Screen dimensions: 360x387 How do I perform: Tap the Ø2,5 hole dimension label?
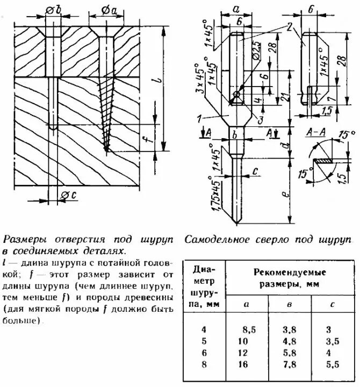click(256, 55)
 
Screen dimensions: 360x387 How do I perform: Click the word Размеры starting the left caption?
click(21, 239)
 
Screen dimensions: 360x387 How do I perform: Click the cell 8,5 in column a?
click(248, 329)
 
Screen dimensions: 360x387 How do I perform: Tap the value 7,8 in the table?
click(291, 365)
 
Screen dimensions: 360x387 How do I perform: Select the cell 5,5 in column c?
click(333, 365)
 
